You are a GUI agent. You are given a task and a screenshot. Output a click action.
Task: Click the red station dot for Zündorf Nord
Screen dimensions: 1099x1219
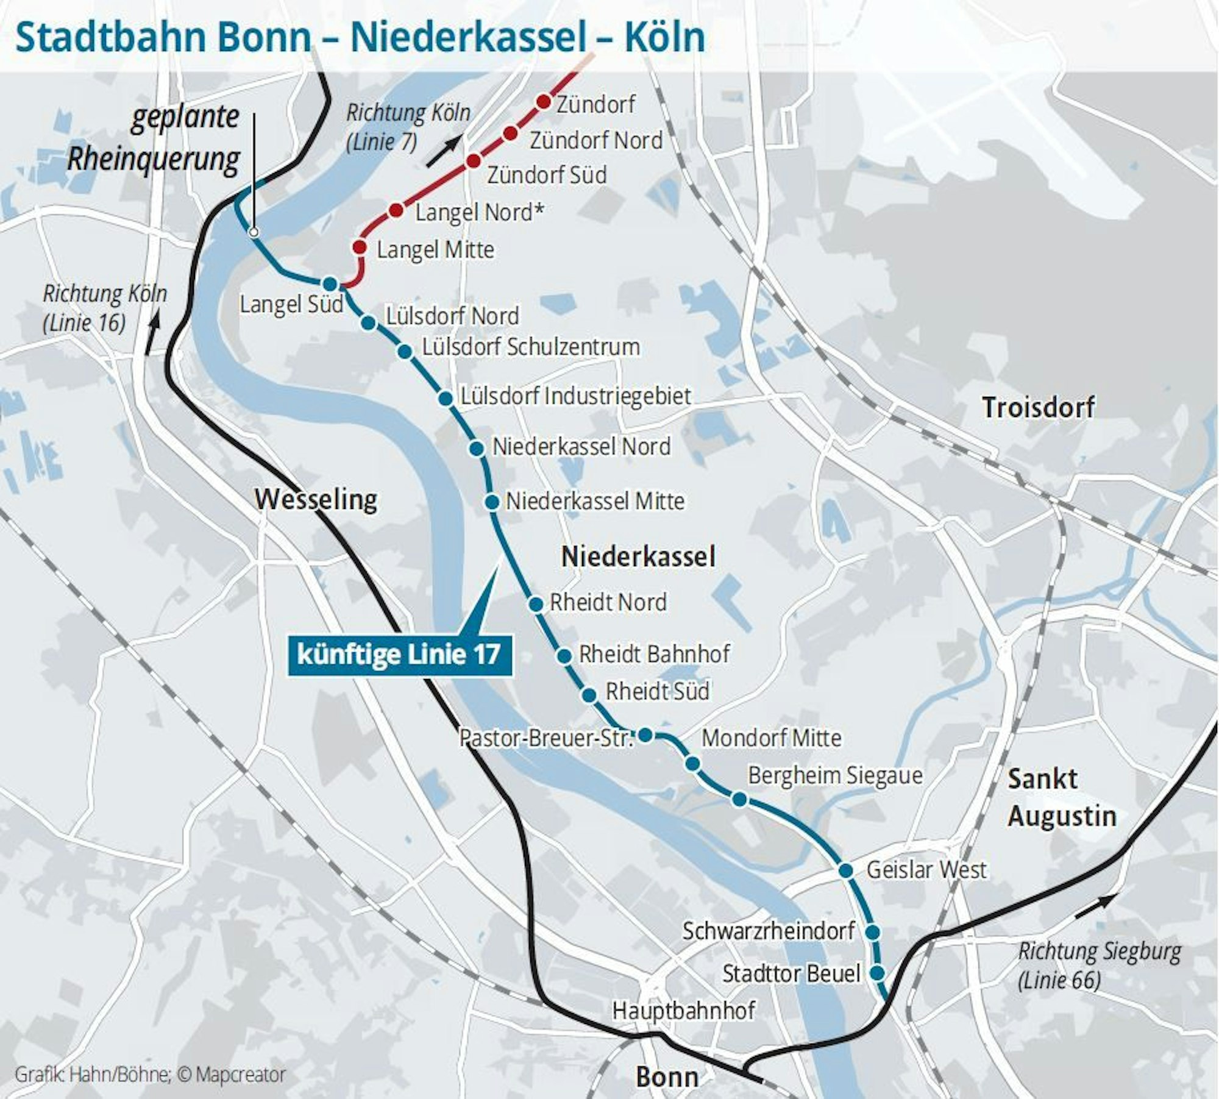[x=511, y=133]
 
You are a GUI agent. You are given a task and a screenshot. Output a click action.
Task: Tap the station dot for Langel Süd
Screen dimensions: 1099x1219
[x=330, y=283]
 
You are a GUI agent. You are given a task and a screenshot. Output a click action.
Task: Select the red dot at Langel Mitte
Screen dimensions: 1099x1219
[x=360, y=247]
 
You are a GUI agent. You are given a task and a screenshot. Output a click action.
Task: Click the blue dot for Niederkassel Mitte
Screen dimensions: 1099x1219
[x=492, y=502]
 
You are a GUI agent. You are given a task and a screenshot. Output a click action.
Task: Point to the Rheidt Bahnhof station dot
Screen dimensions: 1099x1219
[x=564, y=656]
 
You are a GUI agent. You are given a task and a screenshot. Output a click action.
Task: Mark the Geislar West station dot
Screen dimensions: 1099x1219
[x=845, y=870]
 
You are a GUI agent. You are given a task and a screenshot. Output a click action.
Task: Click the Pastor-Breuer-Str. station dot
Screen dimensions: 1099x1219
[x=645, y=735]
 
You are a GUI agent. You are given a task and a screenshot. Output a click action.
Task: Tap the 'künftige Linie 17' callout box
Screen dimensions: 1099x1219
[x=399, y=655]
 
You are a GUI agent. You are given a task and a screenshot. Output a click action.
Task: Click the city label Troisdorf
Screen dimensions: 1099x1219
[x=1038, y=407]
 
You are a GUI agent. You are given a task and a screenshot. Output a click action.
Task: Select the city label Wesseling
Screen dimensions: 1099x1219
[x=316, y=500]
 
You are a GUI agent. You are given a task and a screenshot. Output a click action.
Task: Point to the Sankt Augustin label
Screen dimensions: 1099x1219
[x=1061, y=797]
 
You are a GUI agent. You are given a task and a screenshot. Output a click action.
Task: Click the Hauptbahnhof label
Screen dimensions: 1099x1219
[x=683, y=1010]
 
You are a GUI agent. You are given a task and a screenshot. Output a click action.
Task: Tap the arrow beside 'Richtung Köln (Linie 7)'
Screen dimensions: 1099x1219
[x=444, y=151]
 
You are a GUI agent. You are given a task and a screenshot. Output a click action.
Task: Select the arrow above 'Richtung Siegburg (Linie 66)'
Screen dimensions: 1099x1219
[x=1095, y=905]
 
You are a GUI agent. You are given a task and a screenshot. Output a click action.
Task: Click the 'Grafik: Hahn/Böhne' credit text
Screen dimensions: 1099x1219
[x=91, y=1075]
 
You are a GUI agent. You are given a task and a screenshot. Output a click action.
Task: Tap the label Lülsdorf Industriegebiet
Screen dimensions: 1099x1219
[x=575, y=396]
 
